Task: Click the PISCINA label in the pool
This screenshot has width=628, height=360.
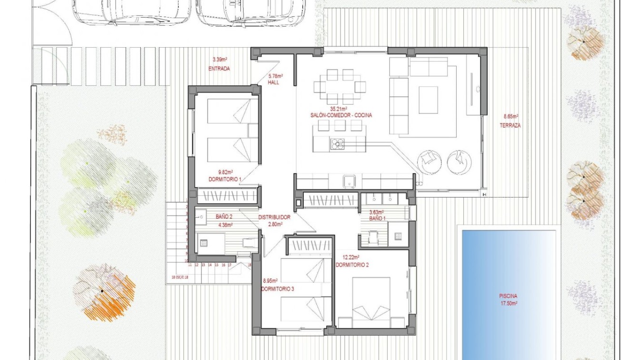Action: [x=508, y=295]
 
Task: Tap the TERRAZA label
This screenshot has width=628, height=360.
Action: [x=510, y=126]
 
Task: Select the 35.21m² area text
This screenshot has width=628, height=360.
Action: [x=340, y=109]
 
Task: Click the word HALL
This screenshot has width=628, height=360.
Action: [x=273, y=83]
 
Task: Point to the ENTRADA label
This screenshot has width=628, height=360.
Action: [x=219, y=69]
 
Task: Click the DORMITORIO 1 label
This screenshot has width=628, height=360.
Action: [x=226, y=179]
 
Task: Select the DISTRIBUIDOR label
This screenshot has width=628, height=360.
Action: [x=274, y=218]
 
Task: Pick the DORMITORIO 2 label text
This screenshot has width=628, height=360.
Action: [x=353, y=265]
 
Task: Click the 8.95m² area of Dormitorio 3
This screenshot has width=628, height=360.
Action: [x=270, y=281]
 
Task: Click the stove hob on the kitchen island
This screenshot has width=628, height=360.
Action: [x=338, y=142]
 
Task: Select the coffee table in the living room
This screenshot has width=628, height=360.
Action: [x=428, y=100]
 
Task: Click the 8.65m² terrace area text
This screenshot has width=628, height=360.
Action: [x=511, y=116]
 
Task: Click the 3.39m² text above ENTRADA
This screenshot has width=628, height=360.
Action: [x=219, y=60]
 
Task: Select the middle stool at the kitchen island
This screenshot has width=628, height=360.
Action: [x=339, y=125]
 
